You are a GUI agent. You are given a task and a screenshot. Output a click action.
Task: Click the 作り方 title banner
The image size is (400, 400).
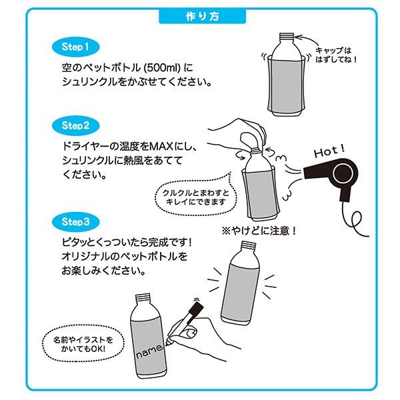point(202,16)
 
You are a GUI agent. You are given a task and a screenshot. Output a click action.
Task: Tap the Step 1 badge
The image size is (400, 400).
point(75,47)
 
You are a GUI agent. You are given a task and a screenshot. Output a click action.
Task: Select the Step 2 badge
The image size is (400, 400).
point(75,126)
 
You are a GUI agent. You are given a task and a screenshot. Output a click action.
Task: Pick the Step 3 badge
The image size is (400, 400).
point(75,222)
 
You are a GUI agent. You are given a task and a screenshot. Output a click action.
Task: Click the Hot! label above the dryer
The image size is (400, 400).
point(329,151)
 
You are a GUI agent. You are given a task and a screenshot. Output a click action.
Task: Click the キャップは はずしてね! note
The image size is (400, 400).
point(335,55)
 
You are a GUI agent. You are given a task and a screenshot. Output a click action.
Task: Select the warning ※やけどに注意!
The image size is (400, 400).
point(259,231)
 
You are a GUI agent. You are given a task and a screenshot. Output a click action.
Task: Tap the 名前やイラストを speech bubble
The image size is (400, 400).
point(83,343)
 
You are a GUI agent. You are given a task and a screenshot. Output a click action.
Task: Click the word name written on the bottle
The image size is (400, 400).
point(149,351)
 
